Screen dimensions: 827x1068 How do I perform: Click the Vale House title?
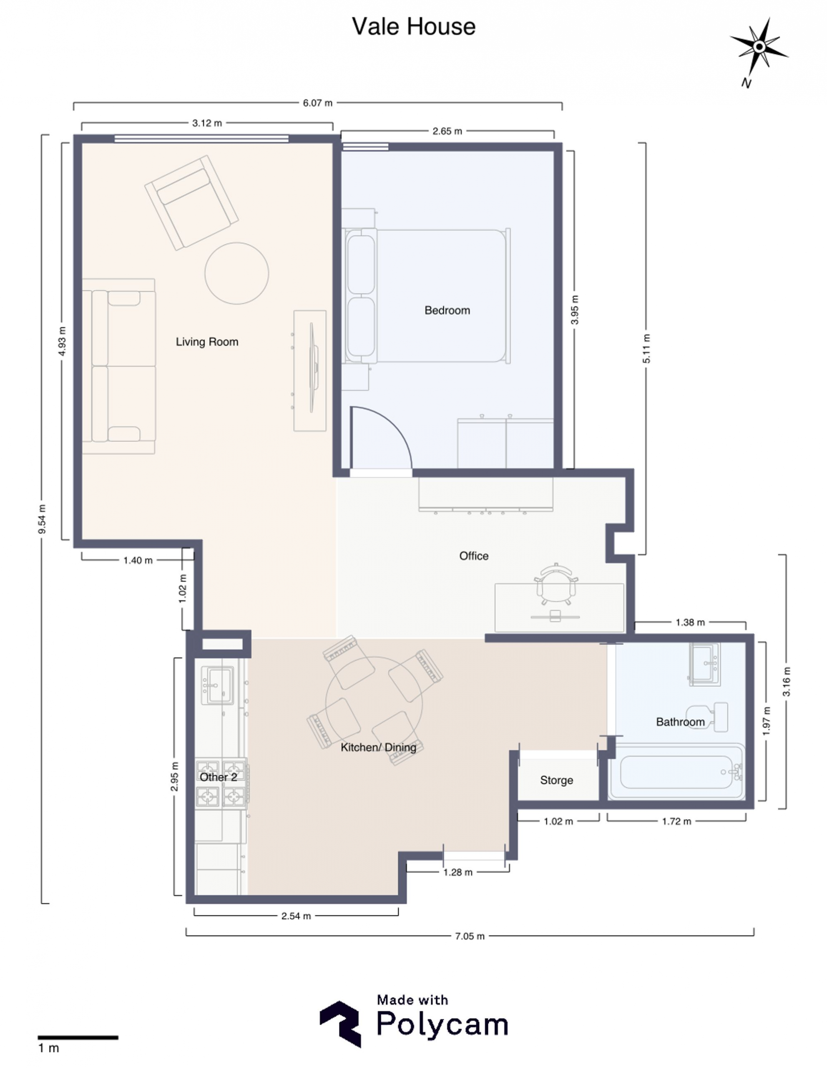pos(414,26)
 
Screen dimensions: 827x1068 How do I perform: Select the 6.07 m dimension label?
pos(317,103)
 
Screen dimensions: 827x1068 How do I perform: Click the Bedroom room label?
pos(447,310)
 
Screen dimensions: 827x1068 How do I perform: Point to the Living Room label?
pos(207,342)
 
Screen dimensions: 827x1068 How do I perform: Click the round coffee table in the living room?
pos(236,273)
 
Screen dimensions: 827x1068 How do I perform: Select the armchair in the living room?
pos(191,202)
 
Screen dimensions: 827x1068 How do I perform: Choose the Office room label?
pos(474,556)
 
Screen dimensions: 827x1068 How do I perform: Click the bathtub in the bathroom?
pos(677,773)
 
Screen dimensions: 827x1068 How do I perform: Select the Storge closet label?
pos(556,780)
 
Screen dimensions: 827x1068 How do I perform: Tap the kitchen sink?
pos(217,685)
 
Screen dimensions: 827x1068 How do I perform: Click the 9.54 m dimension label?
pos(43,519)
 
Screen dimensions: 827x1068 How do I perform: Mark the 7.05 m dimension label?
pos(470,936)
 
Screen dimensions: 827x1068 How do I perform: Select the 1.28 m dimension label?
pos(458,872)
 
